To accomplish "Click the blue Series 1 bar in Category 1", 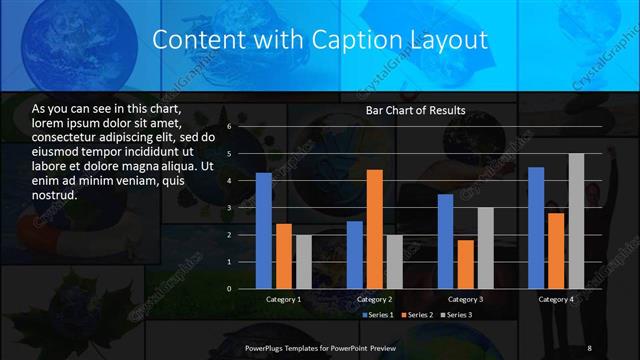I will [x=264, y=231].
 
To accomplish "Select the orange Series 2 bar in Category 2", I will [x=375, y=229].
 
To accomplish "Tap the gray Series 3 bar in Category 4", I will [x=576, y=221].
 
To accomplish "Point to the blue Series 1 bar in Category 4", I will [x=536, y=228].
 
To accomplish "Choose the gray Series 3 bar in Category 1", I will [x=304, y=262].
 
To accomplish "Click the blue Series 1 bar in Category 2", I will [x=355, y=255].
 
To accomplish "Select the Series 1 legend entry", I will [x=376, y=315].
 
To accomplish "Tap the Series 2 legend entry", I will [x=415, y=315].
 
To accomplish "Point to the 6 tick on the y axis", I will [x=229, y=127].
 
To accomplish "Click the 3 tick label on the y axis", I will [x=229, y=208].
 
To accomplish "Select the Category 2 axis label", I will [x=375, y=299].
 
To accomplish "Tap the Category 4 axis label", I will [x=556, y=299].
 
